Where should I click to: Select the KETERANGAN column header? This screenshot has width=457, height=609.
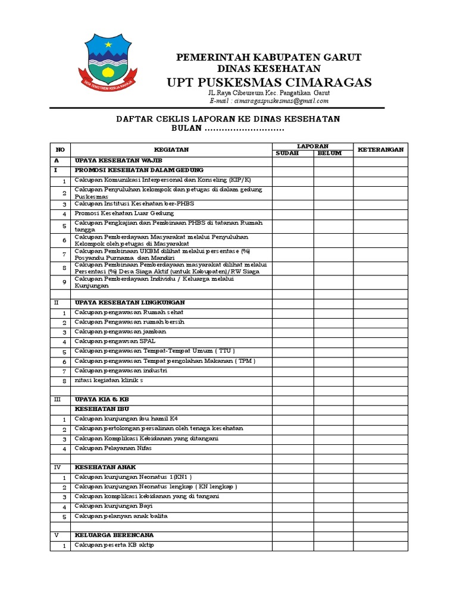(381, 149)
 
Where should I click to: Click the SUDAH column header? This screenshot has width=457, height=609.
(293, 153)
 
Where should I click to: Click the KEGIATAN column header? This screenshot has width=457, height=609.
(171, 149)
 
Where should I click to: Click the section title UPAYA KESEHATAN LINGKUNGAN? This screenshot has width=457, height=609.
(130, 303)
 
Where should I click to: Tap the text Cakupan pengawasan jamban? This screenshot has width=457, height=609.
(120, 331)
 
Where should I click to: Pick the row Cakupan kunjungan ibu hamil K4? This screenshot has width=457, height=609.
(126, 419)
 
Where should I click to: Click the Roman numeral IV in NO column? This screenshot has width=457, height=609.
(57, 467)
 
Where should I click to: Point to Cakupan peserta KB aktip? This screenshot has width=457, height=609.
(114, 545)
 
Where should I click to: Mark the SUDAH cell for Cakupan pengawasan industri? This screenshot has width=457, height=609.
(293, 371)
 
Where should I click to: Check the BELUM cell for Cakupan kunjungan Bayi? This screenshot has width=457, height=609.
(333, 507)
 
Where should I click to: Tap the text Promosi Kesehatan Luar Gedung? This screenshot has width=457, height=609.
(124, 213)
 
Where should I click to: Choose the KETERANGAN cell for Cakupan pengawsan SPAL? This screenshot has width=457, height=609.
(381, 341)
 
